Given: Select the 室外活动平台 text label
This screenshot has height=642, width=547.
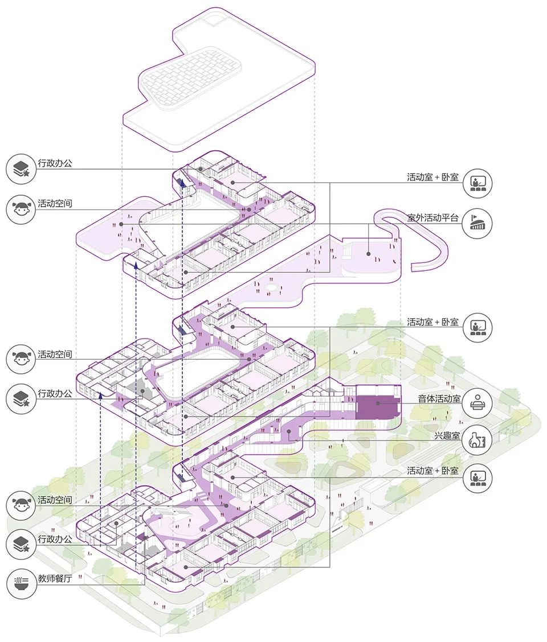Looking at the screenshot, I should pos(432,217).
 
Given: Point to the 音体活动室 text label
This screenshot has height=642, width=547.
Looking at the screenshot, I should pos(438,398).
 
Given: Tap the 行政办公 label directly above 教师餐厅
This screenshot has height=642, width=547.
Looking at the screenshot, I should pos(55,539).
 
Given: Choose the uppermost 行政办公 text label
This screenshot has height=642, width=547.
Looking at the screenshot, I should pos(55,164).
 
